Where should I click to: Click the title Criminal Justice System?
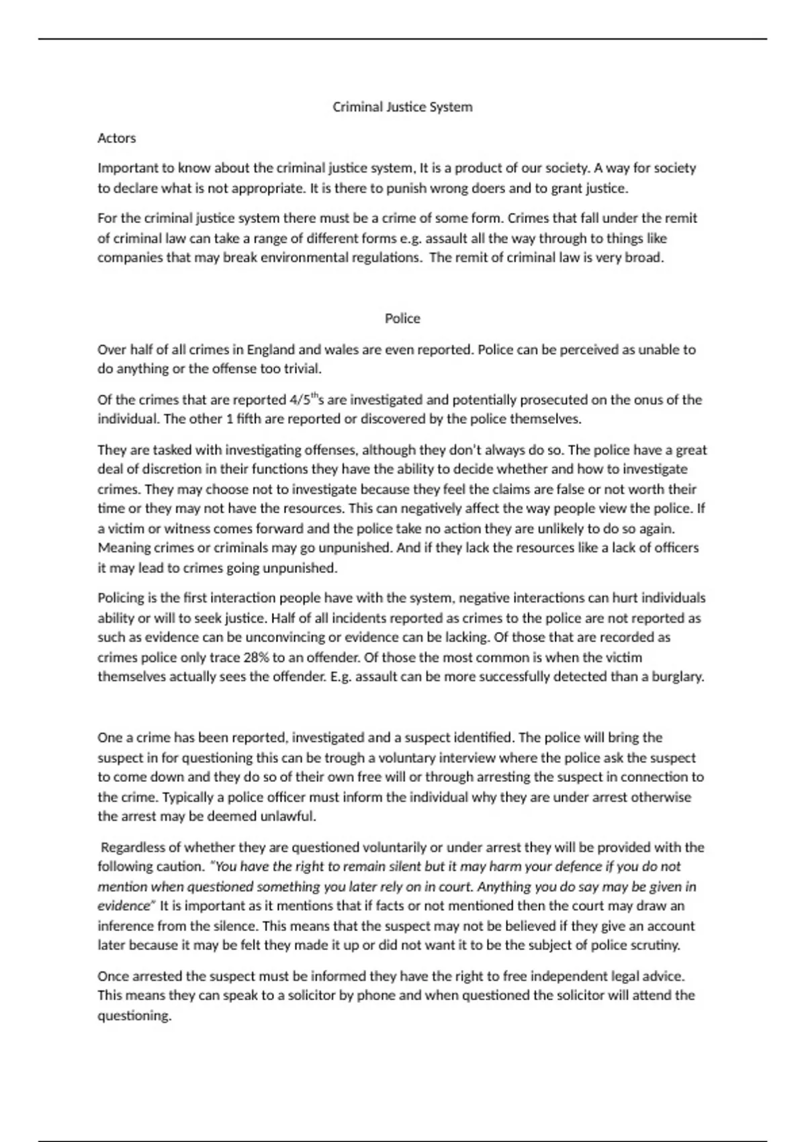click(x=402, y=107)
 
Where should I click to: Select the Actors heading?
click(x=117, y=138)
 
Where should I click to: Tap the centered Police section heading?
click(x=402, y=318)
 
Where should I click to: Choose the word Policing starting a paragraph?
click(x=121, y=598)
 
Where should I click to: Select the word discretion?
click(x=165, y=469)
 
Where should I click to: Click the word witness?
click(x=187, y=528)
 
